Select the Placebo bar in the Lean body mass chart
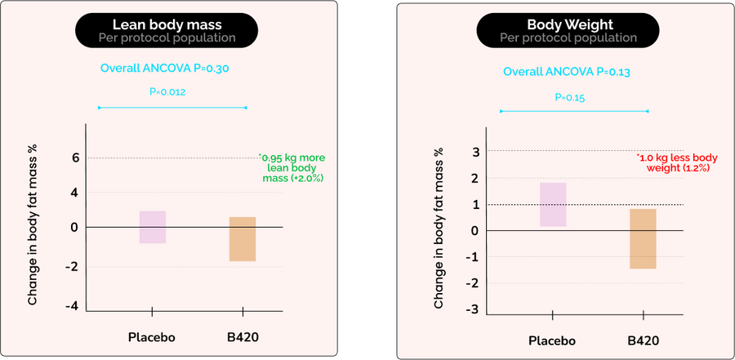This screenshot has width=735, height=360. [x=153, y=226]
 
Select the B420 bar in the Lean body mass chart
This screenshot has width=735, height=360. [x=243, y=238]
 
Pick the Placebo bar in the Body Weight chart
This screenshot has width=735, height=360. [x=553, y=204]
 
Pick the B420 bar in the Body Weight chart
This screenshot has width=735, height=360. [x=643, y=238]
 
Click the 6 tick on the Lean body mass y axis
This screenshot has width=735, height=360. [x=74, y=158]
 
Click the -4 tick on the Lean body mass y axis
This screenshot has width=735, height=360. [x=72, y=305]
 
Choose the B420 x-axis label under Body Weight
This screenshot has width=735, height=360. [x=643, y=340]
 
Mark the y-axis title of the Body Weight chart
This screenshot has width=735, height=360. [x=439, y=228]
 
